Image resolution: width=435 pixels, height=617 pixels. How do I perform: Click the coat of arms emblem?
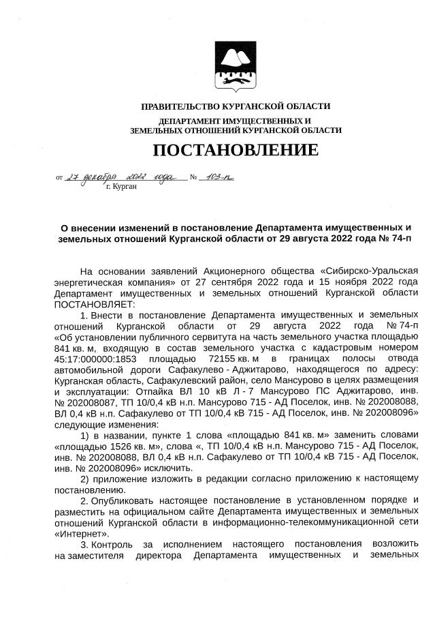click(235, 65)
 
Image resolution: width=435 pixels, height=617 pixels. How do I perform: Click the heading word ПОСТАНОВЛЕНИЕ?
click(235, 150)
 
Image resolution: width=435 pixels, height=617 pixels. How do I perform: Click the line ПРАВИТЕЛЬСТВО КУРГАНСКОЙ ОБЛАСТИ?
click(235, 106)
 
